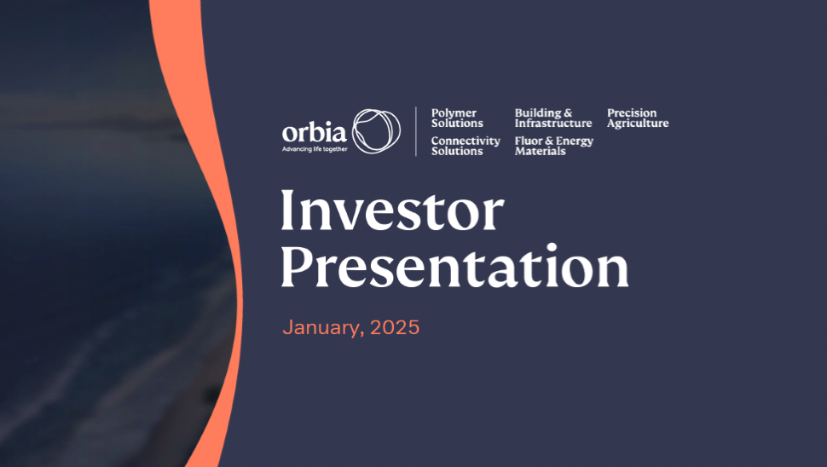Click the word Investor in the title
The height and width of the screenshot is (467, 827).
(392, 210)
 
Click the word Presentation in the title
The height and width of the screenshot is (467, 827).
(454, 266)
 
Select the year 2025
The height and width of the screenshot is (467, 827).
(395, 327)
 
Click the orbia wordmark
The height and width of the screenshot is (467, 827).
(315, 132)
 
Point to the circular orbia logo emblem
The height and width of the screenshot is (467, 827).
(376, 131)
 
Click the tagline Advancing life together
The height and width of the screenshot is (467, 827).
(315, 149)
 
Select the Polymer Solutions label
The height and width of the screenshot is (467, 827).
(457, 118)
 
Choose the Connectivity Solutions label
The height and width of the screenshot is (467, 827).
(466, 146)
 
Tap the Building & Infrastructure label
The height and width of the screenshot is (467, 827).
(552, 118)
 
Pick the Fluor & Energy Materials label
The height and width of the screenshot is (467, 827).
(554, 146)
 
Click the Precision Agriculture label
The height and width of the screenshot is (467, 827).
(637, 118)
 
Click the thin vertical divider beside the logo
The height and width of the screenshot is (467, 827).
(415, 131)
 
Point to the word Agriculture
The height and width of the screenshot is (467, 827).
(637, 124)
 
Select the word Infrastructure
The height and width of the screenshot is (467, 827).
(552, 123)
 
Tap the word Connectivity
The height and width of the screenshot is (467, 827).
(466, 141)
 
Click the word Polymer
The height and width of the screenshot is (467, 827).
(454, 113)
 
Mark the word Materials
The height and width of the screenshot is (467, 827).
(540, 152)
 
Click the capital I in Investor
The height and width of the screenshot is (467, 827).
(287, 210)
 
